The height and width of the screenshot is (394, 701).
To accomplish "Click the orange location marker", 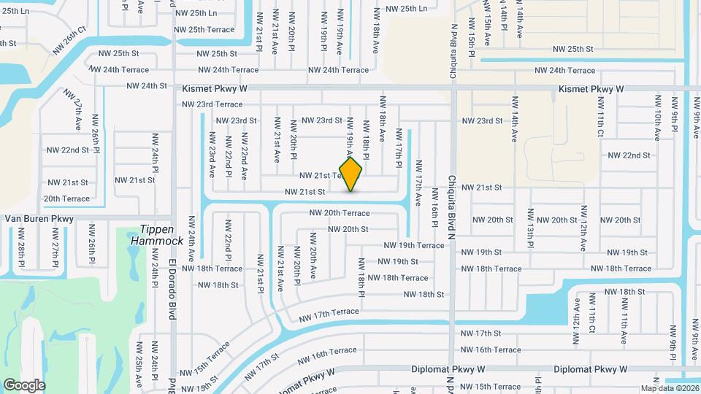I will coord(351,174).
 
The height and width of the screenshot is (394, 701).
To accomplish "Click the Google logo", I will coord(24,385).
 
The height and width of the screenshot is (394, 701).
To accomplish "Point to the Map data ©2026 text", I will coord(669,388).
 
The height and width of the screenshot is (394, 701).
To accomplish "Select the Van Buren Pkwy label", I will coord(39,218).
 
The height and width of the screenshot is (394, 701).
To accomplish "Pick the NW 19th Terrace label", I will coord(413,245).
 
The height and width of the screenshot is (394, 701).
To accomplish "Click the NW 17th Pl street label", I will coord(399,148).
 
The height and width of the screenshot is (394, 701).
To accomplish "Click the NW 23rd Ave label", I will coord(212,154).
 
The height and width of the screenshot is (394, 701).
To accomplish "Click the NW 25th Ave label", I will coord(137,371).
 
